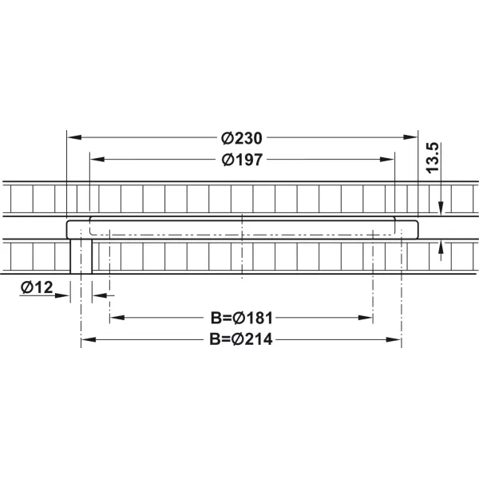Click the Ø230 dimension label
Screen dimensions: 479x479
(242, 138)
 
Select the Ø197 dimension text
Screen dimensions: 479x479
(242, 160)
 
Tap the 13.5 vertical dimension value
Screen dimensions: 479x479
(433, 158)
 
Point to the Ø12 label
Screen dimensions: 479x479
(37, 287)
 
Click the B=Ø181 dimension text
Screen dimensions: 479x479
(241, 318)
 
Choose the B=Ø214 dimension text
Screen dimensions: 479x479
(241, 339)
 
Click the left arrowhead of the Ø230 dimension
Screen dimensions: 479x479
(74, 137)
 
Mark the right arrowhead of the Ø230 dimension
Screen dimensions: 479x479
(410, 137)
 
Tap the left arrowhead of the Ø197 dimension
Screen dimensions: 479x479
(97, 159)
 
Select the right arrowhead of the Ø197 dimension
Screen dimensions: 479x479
(387, 159)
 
